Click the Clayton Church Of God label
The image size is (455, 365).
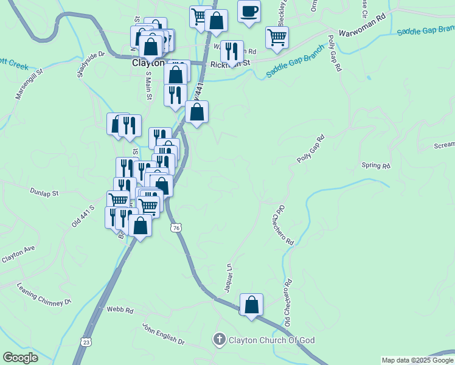pyautogui.click(x=271, y=340)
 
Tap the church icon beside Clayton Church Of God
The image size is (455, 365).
pyautogui.click(x=220, y=339)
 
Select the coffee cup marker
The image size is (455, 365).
pyautogui.click(x=248, y=12)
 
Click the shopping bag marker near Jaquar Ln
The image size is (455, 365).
pyautogui.click(x=251, y=305)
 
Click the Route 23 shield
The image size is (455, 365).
pyautogui.click(x=88, y=342)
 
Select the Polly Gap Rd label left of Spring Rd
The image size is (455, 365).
pyautogui.click(x=311, y=148)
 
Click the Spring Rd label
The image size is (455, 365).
pyautogui.click(x=375, y=165)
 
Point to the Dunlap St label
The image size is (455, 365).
pyautogui.click(x=44, y=192)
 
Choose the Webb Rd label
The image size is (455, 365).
pyautogui.click(x=120, y=310)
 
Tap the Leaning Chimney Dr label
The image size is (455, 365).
pyautogui.click(x=44, y=294)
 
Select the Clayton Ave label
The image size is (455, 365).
pyautogui.click(x=19, y=254)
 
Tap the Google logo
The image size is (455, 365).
pyautogui.click(x=20, y=358)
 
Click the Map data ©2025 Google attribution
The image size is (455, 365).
pyautogui.click(x=417, y=360)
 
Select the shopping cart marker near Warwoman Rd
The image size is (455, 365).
pyautogui.click(x=277, y=37)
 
